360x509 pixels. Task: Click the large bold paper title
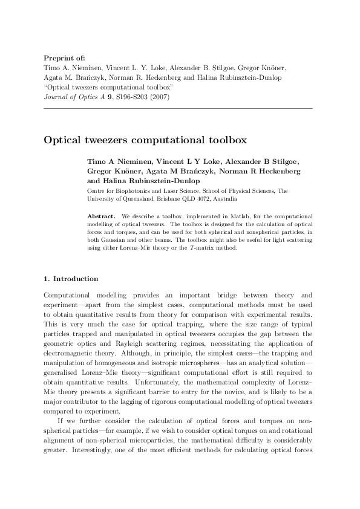(145, 139)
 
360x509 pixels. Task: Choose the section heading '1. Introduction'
(71, 279)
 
